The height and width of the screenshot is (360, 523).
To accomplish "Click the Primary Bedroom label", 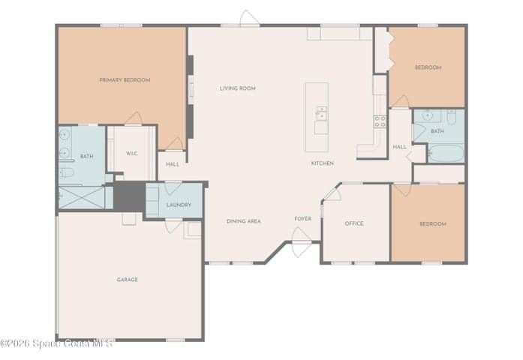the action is point(125,80).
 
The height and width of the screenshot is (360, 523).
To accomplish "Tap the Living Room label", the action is point(238,88).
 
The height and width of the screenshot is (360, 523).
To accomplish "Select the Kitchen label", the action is point(323,163).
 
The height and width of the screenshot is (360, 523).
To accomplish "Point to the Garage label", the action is point(127,280).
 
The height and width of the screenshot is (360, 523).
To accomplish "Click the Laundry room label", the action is point(179,205).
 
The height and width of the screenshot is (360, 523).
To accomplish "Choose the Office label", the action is point(354,223).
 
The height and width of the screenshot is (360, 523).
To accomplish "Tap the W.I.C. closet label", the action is point(132,154).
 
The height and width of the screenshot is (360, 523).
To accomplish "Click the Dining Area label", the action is point(244,221).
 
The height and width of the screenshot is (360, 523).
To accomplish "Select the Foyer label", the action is point(303,219).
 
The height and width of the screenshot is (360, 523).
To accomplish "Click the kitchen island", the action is point(317,117).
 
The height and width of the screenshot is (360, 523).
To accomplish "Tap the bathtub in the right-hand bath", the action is point(446,153).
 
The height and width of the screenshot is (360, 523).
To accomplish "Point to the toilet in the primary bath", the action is point(66,172).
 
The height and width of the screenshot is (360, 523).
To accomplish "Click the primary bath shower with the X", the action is point(82,198).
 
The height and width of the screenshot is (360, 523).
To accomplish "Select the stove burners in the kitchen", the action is point(380,121).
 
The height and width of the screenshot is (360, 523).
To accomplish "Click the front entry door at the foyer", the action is point(301,242).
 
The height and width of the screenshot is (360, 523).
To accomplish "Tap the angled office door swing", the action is point(332,193).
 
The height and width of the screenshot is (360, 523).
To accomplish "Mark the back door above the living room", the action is point(249,18).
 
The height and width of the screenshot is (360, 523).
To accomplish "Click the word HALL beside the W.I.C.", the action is point(173,164).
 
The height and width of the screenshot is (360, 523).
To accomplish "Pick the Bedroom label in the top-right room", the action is point(428,67).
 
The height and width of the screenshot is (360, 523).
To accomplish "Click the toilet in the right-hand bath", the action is point(451,117).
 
